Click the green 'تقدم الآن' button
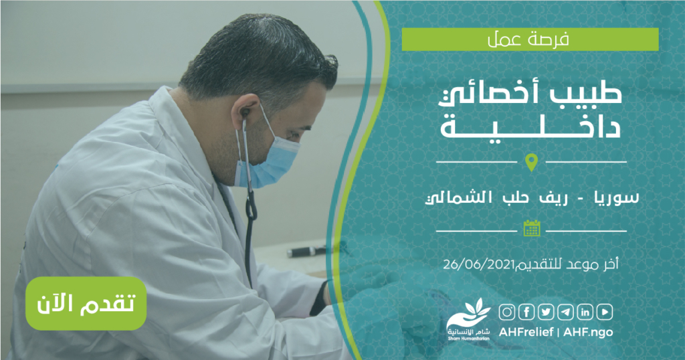[86, 303]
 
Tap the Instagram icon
[507, 312]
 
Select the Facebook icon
[526, 312]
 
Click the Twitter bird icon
[546, 312]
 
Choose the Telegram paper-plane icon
[565, 312]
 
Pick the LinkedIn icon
[585, 312]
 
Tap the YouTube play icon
[605, 312]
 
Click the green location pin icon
[531, 162]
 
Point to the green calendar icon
[532, 228]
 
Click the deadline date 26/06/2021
[478, 264]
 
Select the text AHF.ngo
[588, 332]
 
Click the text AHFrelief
[526, 332]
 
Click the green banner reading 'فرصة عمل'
[530, 39]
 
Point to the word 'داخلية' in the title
[530, 125]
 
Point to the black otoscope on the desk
[306, 252]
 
